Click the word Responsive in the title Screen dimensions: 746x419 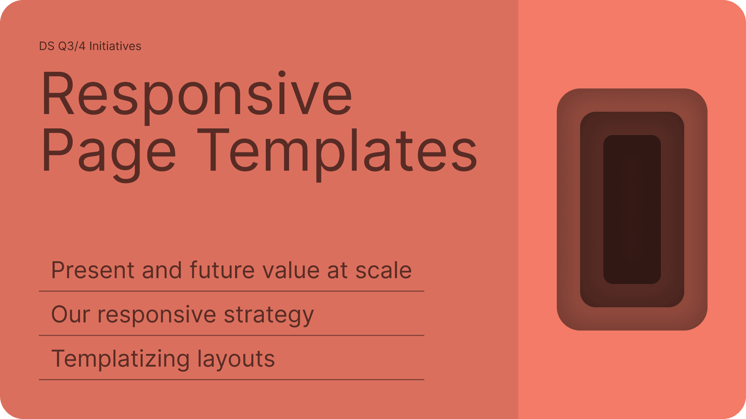(x=197, y=97)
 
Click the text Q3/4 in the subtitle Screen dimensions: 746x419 (x=72, y=46)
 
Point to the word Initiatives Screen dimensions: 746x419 (x=115, y=46)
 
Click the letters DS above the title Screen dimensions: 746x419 (x=47, y=46)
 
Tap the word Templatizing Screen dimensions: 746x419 (x=121, y=359)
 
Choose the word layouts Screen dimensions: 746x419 (x=236, y=359)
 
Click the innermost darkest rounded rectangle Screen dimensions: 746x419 (x=632, y=209)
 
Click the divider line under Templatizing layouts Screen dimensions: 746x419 (x=232, y=379)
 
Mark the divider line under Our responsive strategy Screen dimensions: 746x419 (x=232, y=335)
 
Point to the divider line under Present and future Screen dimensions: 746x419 (x=232, y=291)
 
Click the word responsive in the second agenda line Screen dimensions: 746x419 (x=157, y=315)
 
